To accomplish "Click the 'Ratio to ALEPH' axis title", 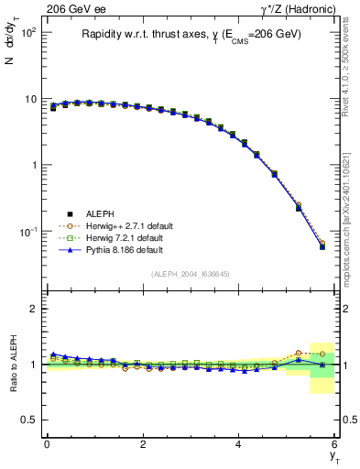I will pyautogui.click(x=13, y=364).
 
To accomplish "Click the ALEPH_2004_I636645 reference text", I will pyautogui.click(x=190, y=273).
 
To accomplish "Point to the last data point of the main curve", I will pyautogui.click(x=322, y=245).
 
